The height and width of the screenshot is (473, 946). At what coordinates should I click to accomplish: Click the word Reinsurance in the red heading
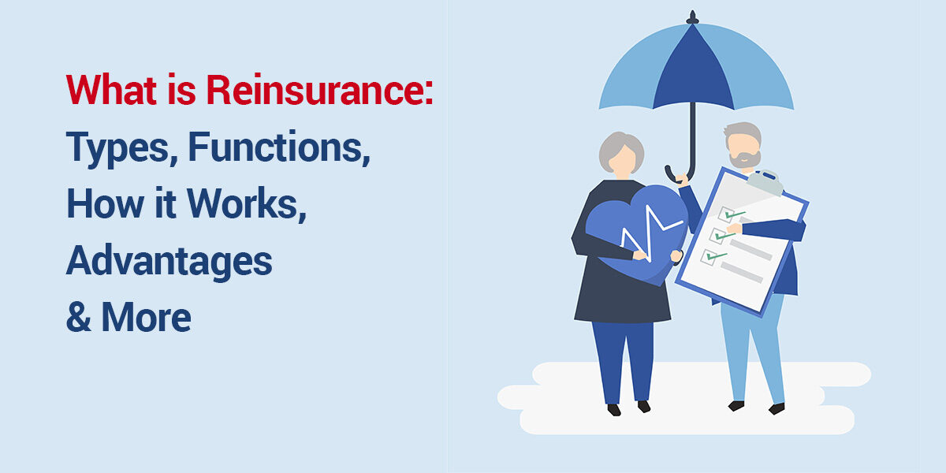coord(319,91)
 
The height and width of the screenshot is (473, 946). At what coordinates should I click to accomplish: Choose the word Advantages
coord(169,262)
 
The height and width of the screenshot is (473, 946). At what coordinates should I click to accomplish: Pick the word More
coord(147,317)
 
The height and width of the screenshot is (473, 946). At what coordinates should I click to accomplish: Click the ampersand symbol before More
coord(79,318)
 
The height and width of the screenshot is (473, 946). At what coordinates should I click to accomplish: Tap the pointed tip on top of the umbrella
coord(694,16)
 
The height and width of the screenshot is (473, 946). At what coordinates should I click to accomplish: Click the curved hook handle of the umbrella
coord(676,173)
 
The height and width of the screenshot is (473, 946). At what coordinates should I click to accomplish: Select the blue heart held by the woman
coord(631,233)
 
